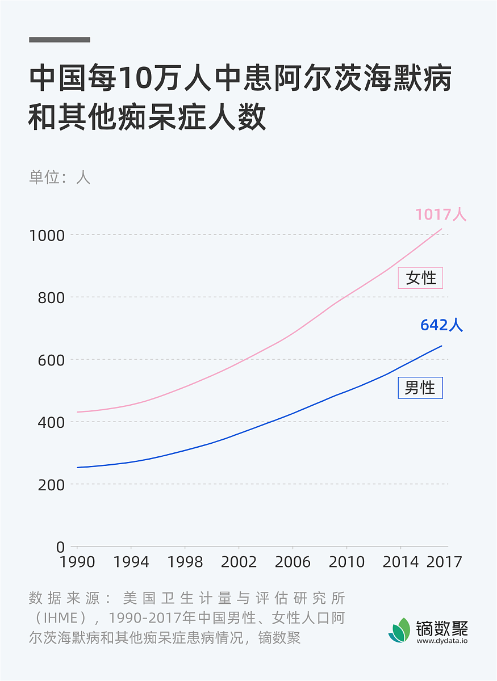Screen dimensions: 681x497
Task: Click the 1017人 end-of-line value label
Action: click(x=441, y=215)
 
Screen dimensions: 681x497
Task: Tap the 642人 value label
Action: click(x=441, y=325)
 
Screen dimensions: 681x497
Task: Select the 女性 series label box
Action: click(x=421, y=278)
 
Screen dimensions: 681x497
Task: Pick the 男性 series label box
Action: click(x=420, y=388)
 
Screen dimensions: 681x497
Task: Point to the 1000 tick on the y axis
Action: click(x=47, y=235)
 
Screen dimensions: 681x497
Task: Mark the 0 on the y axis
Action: click(x=61, y=547)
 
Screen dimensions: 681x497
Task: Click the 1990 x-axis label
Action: click(x=77, y=562)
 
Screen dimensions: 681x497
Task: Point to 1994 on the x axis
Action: click(x=131, y=562)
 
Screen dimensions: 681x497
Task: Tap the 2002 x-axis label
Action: click(x=239, y=562)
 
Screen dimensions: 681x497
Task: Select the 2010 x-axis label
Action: click(x=346, y=562)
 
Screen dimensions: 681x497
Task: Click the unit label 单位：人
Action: click(x=60, y=177)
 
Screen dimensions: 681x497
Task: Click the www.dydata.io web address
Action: click(x=442, y=641)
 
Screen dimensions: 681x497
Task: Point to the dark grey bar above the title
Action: click(x=60, y=40)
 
